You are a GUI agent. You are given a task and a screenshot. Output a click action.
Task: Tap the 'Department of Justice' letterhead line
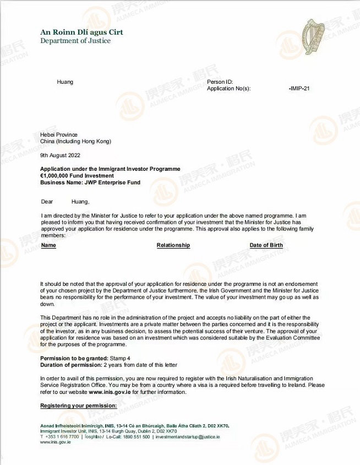(x=75, y=41)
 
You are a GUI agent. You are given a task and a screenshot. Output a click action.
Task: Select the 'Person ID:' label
(x=220, y=82)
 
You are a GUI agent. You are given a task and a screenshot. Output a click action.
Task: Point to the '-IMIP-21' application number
(x=299, y=88)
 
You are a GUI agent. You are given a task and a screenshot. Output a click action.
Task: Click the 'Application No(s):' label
(x=228, y=88)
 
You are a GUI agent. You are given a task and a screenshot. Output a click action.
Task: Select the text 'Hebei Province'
(x=59, y=134)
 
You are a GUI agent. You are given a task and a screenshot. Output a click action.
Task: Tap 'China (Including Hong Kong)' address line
(x=75, y=141)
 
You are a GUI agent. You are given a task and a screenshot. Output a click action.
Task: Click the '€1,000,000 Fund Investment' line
(x=78, y=176)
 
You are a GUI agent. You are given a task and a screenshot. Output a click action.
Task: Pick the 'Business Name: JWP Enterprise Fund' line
(x=90, y=182)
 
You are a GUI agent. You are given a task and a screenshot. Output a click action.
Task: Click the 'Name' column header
(x=48, y=245)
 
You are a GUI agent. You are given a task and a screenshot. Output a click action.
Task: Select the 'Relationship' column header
(x=173, y=245)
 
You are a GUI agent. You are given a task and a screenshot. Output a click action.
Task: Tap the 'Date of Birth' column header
(x=266, y=245)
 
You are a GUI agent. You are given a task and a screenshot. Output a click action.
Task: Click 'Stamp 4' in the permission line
(x=120, y=359)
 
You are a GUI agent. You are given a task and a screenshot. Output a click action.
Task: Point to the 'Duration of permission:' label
(x=71, y=365)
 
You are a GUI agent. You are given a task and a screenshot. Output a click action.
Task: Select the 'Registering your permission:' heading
(x=79, y=406)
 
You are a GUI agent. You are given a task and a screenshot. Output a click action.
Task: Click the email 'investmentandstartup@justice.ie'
(x=188, y=436)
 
